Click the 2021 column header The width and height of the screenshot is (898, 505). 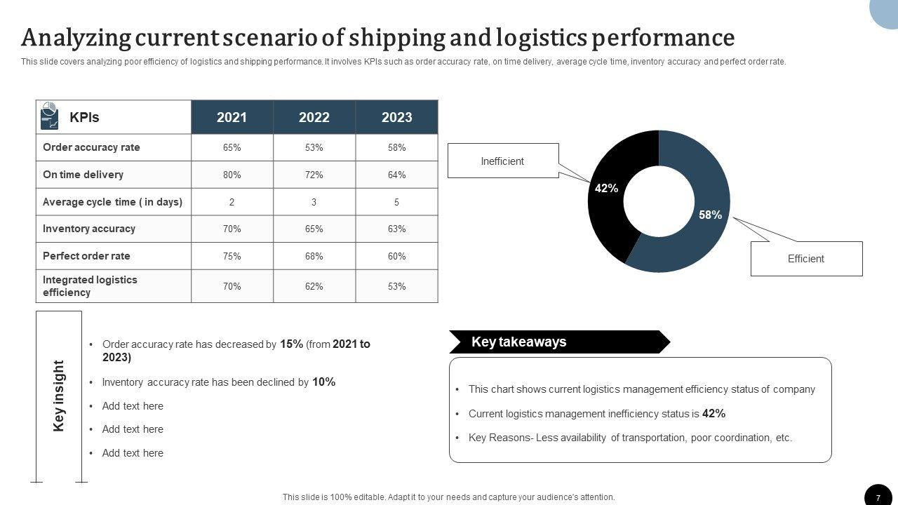(232, 117)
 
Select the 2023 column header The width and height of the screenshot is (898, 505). (396, 117)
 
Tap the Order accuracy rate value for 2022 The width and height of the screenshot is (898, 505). (314, 147)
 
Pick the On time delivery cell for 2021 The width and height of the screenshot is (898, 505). (232, 175)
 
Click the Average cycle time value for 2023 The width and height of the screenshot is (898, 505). (396, 202)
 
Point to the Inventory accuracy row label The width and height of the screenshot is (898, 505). (89, 229)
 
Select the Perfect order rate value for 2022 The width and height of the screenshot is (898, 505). (314, 256)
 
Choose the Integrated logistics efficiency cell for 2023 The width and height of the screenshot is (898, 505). (396, 286)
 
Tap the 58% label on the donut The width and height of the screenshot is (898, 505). (710, 215)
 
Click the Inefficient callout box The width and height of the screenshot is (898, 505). (502, 161)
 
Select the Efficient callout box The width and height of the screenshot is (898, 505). (805, 259)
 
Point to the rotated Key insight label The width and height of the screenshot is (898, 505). (59, 396)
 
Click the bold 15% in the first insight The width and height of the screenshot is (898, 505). (291, 344)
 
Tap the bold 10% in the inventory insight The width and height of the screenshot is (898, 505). (323, 382)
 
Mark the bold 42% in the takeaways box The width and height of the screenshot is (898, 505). (713, 414)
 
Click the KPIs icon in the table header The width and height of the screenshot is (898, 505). (50, 116)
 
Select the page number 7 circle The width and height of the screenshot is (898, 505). (878, 497)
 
